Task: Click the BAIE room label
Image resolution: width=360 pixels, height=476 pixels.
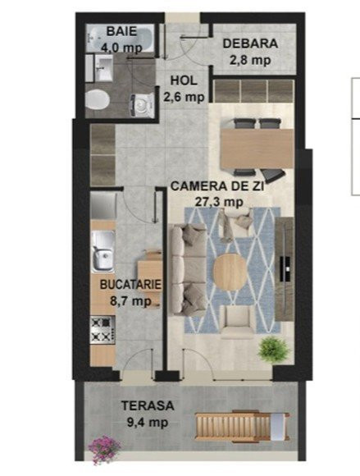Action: tap(121, 31)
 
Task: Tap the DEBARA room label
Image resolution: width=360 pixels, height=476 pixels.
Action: tap(250, 43)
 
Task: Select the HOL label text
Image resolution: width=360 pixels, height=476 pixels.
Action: tap(184, 80)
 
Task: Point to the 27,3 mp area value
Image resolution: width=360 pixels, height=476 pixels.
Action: tap(219, 202)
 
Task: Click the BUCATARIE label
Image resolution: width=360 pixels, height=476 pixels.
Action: tap(130, 285)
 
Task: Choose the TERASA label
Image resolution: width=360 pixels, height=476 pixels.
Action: tap(148, 405)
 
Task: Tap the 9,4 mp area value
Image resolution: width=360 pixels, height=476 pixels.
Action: tap(148, 423)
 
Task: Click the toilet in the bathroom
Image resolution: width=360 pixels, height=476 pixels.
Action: tap(97, 99)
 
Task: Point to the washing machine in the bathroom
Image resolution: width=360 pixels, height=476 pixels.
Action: tap(141, 104)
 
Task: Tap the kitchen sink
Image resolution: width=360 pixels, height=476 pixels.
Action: tap(103, 251)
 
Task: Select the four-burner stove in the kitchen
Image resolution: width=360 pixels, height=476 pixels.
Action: tap(103, 330)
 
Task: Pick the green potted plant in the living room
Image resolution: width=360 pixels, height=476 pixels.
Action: tap(273, 350)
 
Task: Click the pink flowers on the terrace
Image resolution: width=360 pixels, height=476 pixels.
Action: tap(103, 449)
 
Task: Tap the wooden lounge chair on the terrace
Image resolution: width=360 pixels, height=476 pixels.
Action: tap(242, 427)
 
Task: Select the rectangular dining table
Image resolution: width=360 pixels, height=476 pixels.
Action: tap(257, 149)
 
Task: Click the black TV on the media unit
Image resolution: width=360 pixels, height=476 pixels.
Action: tap(285, 268)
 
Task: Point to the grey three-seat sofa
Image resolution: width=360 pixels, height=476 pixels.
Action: tap(188, 269)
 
